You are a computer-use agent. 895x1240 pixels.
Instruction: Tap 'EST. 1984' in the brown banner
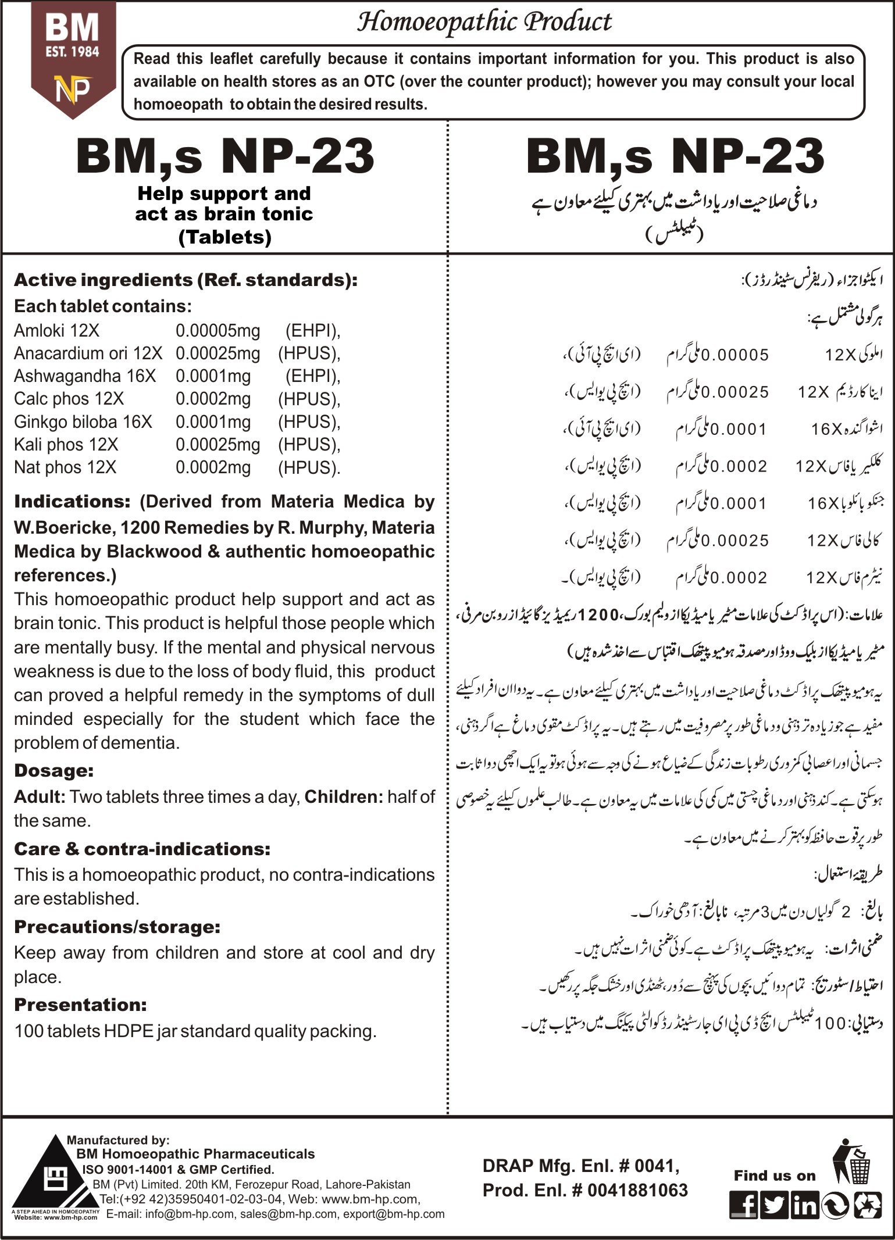[73, 52]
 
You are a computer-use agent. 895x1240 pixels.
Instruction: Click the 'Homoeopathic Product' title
[484, 23]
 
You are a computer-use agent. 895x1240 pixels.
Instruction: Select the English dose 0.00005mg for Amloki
[218, 331]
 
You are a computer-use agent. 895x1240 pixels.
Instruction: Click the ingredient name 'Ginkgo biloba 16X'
[83, 421]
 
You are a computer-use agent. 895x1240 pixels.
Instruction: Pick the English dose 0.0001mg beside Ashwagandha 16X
[213, 376]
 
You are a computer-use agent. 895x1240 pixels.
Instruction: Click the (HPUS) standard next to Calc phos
[309, 399]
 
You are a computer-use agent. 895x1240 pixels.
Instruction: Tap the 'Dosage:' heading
[54, 771]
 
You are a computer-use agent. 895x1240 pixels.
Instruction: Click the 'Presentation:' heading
[80, 1005]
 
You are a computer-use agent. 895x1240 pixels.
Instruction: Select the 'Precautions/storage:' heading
[117, 927]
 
